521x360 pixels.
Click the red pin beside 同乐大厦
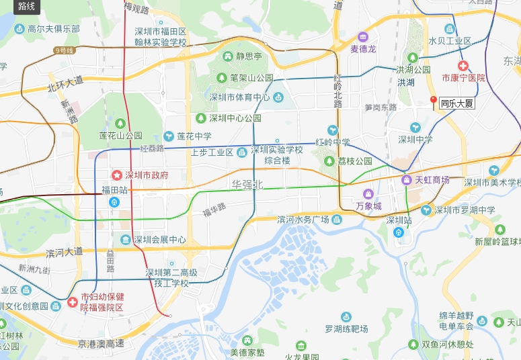click(433, 101)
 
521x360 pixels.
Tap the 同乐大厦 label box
click(456, 104)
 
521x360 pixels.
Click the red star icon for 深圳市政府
click(116, 175)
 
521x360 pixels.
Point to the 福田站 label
click(114, 190)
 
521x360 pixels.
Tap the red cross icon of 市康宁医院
click(463, 66)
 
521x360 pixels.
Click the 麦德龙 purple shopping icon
click(363, 36)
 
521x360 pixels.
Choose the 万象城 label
click(368, 206)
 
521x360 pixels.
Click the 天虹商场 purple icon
click(406, 180)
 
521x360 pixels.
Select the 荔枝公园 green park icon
click(329, 161)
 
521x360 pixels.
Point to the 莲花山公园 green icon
click(120, 124)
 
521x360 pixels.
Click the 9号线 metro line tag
click(64, 50)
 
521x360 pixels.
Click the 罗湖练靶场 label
click(346, 329)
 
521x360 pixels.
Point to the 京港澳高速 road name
click(101, 344)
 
